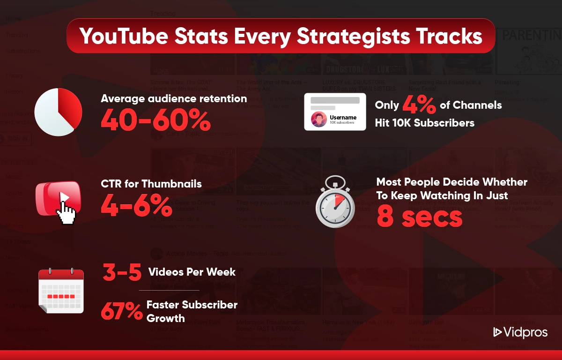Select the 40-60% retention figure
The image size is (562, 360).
pos(155,121)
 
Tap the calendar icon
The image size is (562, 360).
pos(61,291)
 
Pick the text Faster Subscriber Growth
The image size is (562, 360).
pos(192,311)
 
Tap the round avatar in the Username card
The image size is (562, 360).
pos(319,119)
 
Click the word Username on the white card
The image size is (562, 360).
pos(343,117)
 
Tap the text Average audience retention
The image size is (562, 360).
pos(174,98)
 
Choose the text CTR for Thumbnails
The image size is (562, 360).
pos(151,184)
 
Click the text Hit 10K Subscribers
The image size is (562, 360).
pos(424,123)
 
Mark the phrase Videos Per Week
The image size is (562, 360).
pos(192,272)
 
